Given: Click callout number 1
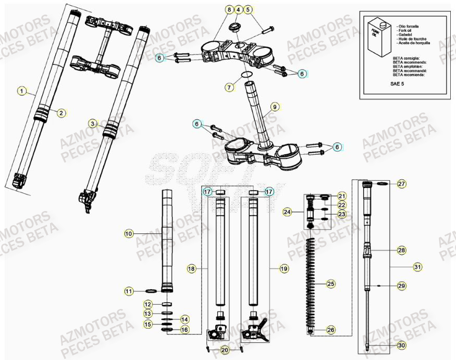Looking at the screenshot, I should (21, 91).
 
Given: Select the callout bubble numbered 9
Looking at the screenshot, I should (275, 108).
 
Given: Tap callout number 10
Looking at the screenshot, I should (129, 234).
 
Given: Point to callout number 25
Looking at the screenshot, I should (330, 284).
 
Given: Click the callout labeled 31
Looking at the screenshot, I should (417, 267).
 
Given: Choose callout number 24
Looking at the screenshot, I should (287, 212).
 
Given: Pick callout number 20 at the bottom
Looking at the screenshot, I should (224, 350).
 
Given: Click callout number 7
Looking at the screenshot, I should (229, 88).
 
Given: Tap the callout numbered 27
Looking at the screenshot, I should (401, 184).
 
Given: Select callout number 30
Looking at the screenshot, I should (401, 345).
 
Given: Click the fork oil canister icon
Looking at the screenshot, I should (377, 36).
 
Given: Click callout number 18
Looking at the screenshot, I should (191, 269).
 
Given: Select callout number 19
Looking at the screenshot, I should (284, 269).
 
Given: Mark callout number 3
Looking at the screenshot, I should (92, 124).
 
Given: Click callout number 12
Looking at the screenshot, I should (148, 304).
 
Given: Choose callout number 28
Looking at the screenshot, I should (401, 251).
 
